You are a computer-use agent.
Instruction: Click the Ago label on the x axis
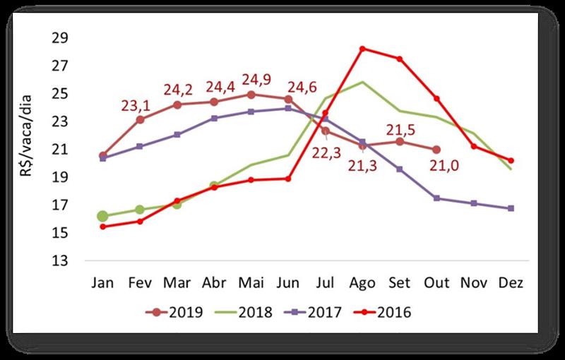point(362,282)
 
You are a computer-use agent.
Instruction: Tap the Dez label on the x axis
point(511,282)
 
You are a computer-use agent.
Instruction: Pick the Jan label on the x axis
point(103,282)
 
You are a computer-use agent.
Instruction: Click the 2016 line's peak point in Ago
point(362,49)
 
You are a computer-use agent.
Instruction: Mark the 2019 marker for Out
point(436,150)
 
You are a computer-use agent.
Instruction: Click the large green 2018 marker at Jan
point(103,216)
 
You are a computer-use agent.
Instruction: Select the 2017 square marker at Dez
point(511,208)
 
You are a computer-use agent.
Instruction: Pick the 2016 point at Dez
point(511,160)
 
